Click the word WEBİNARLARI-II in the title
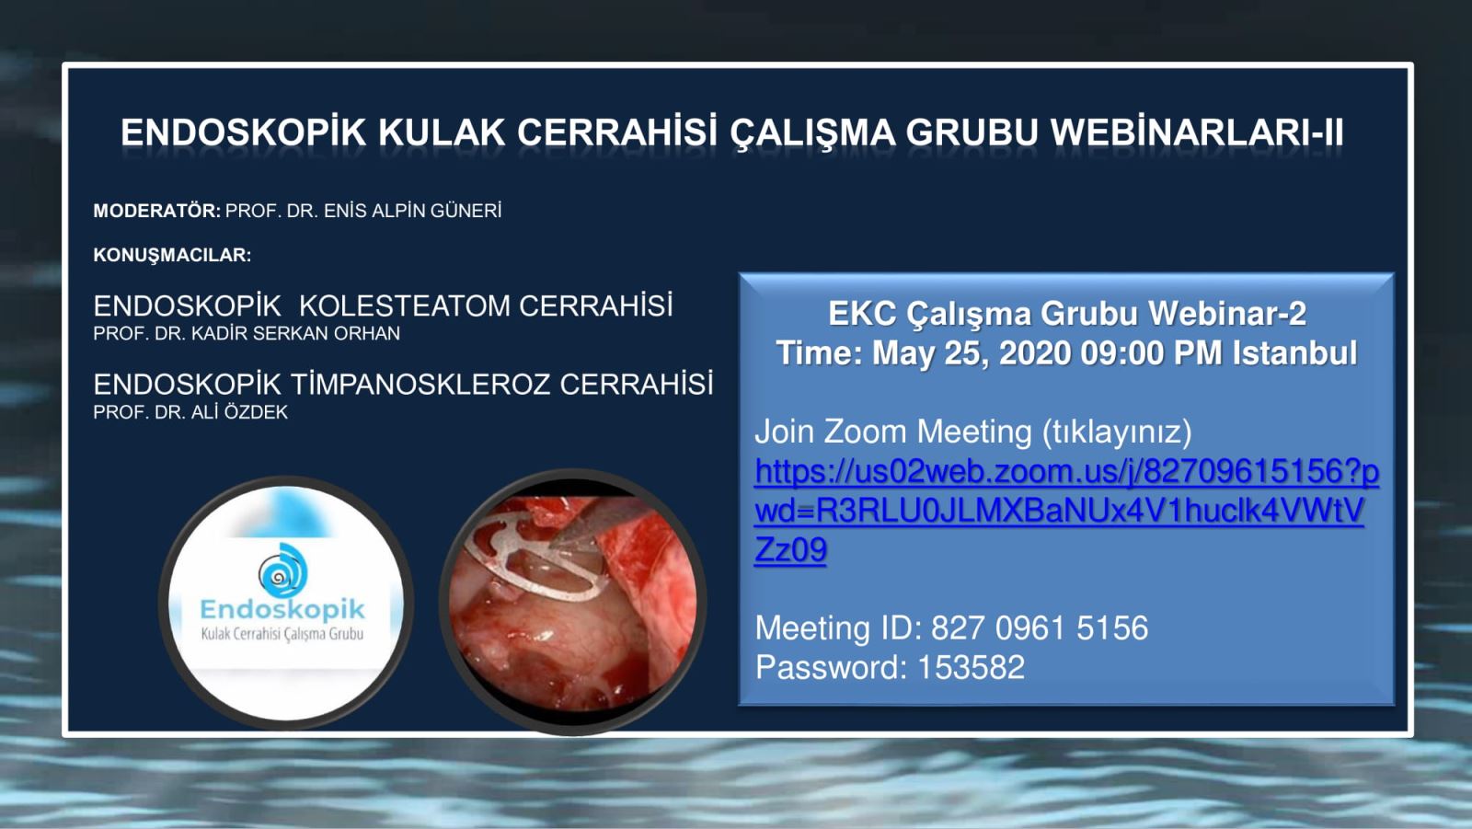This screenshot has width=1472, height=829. click(1197, 132)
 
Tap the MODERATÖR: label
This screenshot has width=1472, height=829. click(157, 211)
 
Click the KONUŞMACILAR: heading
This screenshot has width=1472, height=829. click(172, 255)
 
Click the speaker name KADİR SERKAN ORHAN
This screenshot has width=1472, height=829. click(295, 333)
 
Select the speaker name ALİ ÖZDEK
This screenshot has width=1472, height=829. click(239, 412)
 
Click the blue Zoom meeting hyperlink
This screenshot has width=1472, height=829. click(1066, 510)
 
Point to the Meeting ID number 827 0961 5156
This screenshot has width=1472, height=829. click(1040, 628)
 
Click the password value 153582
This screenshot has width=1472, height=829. click(971, 667)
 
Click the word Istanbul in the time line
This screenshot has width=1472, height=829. click(1294, 353)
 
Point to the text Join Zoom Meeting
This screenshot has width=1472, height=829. click(893, 432)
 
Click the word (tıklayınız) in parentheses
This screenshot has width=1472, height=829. click(1117, 432)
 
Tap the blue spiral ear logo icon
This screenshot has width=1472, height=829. click(282, 570)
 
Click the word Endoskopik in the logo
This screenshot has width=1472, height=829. click(282, 609)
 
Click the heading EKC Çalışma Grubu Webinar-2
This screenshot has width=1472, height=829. click(1066, 314)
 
